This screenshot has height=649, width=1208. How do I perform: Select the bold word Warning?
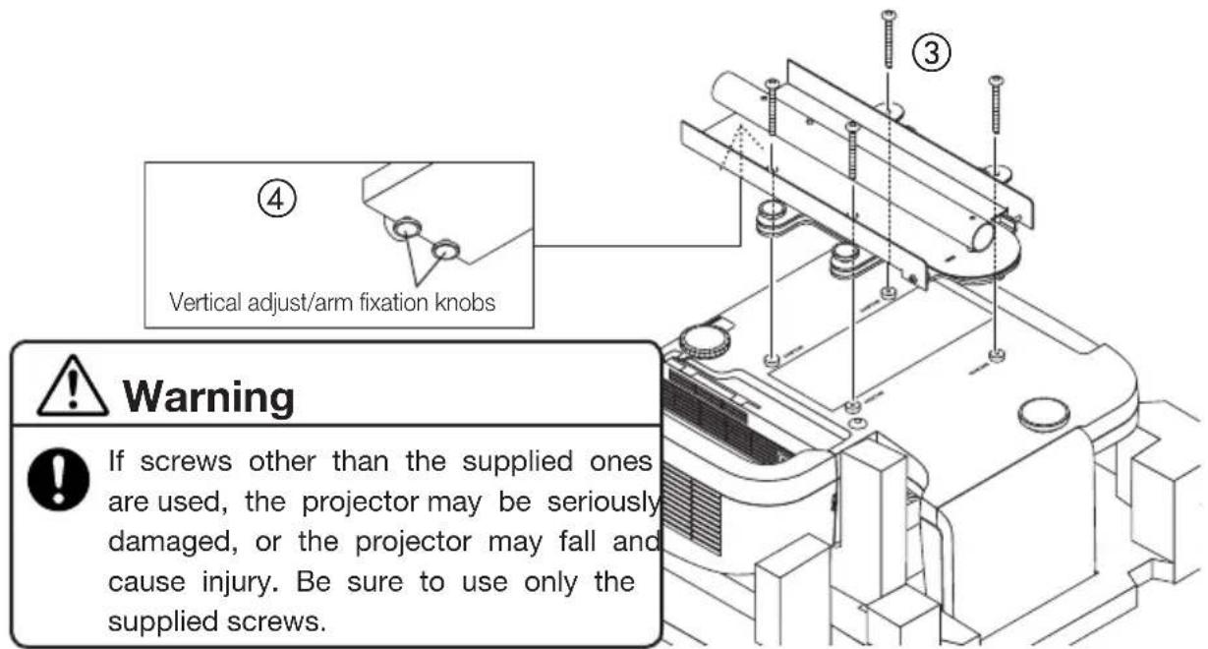[x=208, y=396]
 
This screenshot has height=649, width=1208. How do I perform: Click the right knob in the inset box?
[x=445, y=249]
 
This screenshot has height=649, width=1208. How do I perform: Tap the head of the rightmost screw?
[x=996, y=81]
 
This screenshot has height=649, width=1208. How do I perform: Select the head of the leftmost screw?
[x=771, y=88]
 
